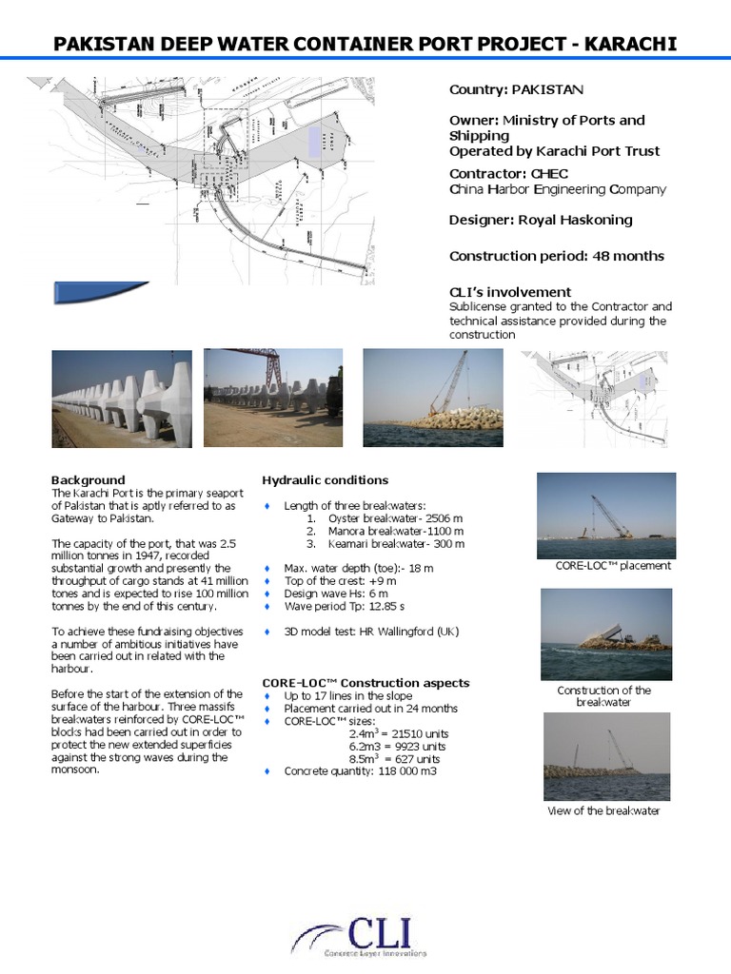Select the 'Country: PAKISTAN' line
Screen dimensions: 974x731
[x=516, y=89]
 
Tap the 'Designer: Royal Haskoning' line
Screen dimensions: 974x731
[x=540, y=220]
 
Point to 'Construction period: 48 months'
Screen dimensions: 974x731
[x=556, y=256]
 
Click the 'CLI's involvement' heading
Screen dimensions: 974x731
[x=509, y=292]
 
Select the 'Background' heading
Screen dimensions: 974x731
[x=88, y=480]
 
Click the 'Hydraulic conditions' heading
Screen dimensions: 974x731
[x=325, y=480]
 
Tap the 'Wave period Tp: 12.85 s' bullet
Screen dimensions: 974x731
[x=344, y=606]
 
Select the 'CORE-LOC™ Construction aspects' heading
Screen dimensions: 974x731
[x=365, y=683]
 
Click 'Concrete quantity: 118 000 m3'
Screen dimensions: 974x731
[x=360, y=771]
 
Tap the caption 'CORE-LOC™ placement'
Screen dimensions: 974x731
[x=612, y=565]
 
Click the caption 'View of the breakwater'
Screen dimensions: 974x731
[x=603, y=810]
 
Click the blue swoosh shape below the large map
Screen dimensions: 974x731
[x=100, y=292]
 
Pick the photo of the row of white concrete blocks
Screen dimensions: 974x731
[x=122, y=398]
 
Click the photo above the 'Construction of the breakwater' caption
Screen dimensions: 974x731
[x=605, y=633]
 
